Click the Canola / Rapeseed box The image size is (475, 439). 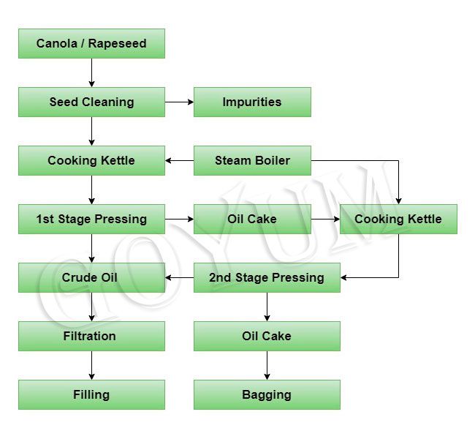(91, 44)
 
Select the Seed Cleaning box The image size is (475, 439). (91, 102)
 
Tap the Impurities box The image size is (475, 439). (252, 102)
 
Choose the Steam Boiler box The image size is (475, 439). (252, 161)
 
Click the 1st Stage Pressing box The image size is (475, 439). (91, 219)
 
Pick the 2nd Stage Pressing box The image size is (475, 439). (267, 277)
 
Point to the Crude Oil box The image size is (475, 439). (91, 277)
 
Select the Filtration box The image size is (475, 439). (91, 336)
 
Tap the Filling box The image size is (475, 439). (91, 394)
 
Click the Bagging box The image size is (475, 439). (267, 394)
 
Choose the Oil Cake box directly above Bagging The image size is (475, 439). (267, 336)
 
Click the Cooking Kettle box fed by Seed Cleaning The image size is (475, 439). (91, 161)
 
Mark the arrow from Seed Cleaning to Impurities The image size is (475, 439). (179, 102)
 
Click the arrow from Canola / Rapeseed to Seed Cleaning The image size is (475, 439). (91, 73)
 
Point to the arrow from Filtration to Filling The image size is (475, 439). (91, 365)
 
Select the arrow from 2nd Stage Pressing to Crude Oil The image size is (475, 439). (179, 277)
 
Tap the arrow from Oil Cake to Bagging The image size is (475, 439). (267, 365)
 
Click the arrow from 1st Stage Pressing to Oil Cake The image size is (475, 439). (179, 219)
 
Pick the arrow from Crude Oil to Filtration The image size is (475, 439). (91, 307)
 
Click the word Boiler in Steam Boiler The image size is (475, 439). (273, 161)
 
